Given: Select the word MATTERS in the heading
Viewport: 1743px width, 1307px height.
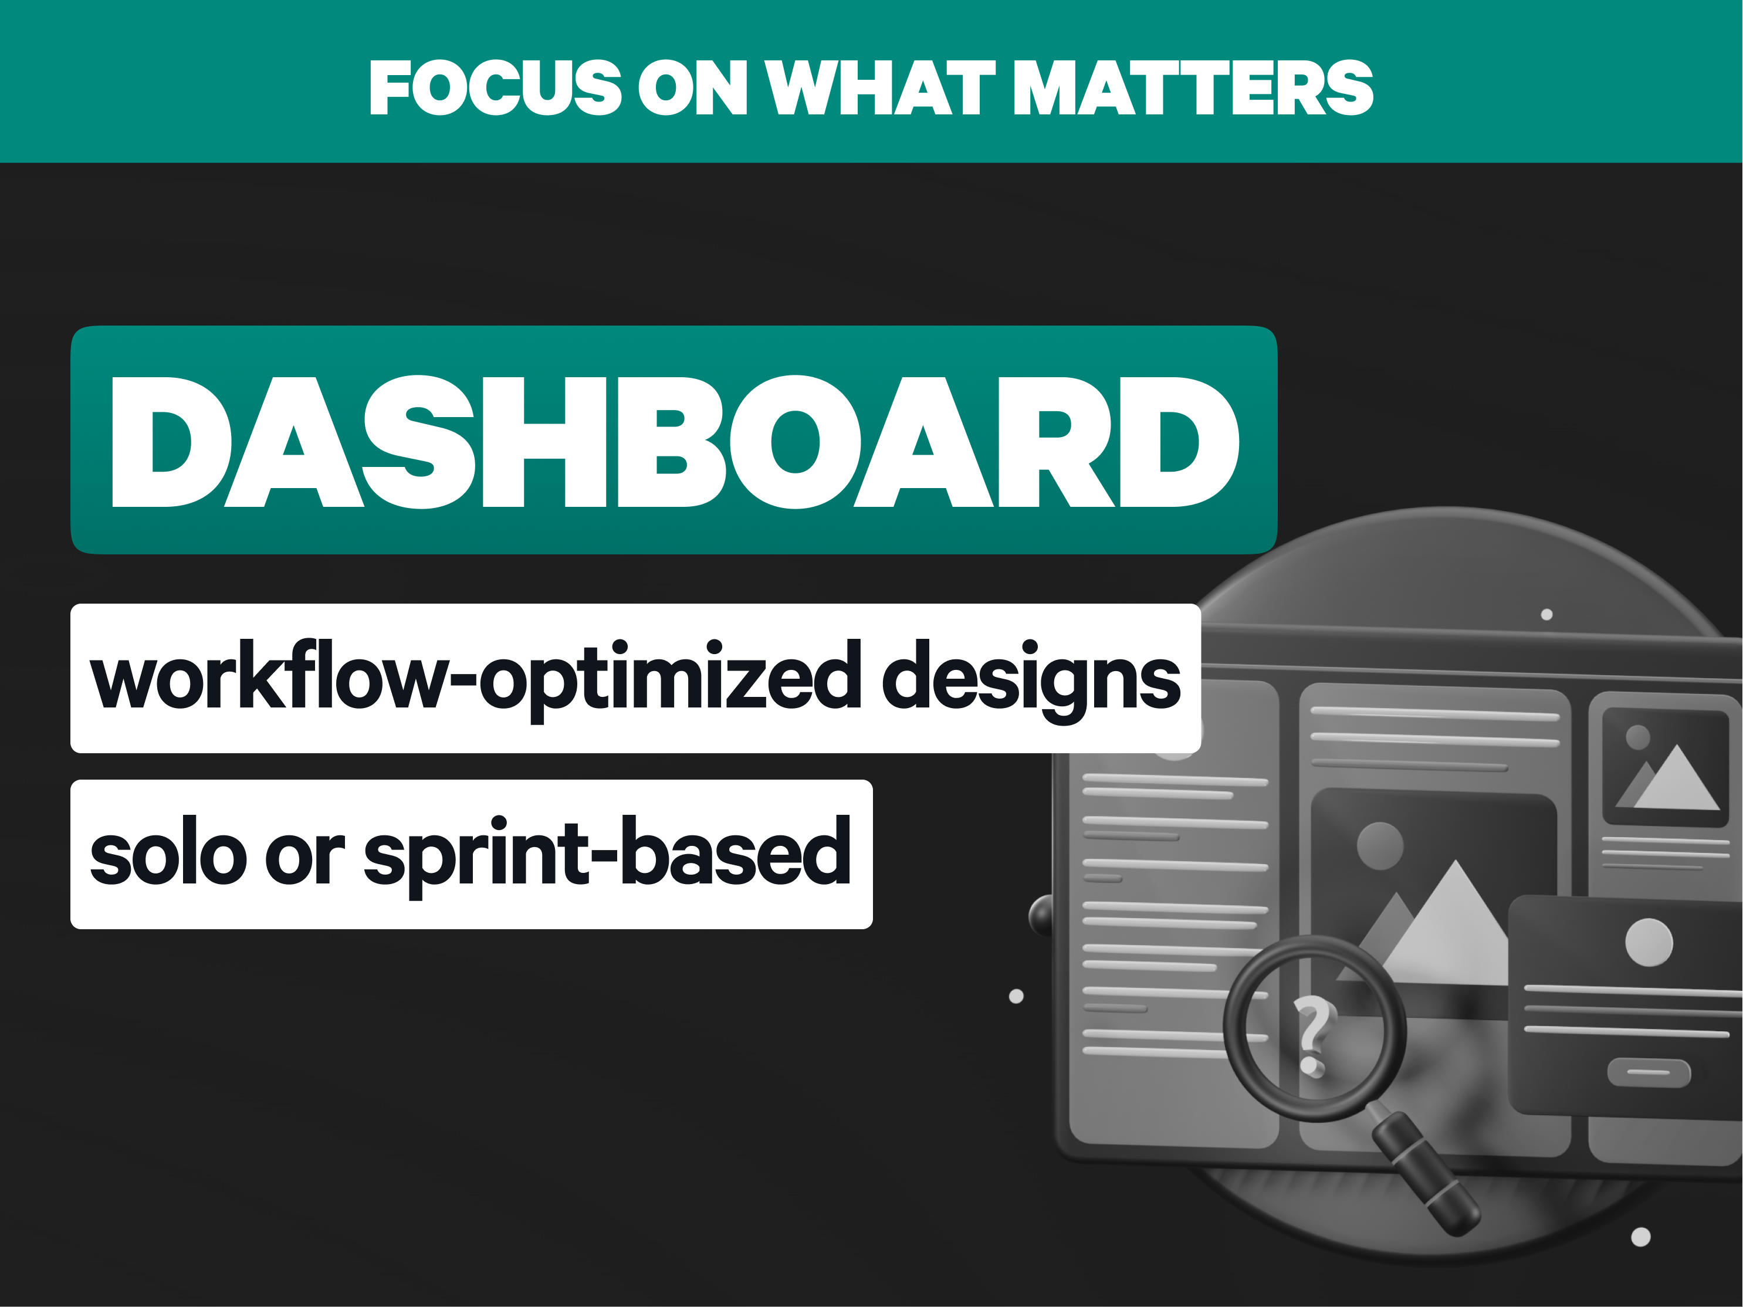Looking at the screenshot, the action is (1193, 87).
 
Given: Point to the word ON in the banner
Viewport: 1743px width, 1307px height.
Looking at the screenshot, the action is (692, 87).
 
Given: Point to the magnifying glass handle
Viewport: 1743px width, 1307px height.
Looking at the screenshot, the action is (1424, 1172).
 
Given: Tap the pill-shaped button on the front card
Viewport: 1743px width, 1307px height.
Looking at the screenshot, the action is (1649, 1072).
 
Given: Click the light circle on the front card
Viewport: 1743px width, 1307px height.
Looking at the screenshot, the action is (1649, 942).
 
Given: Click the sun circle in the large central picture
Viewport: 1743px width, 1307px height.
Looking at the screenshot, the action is (1380, 846).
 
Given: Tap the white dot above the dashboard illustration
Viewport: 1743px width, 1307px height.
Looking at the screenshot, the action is (1547, 615).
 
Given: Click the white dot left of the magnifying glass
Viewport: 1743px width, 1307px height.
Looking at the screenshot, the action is (1017, 997).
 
